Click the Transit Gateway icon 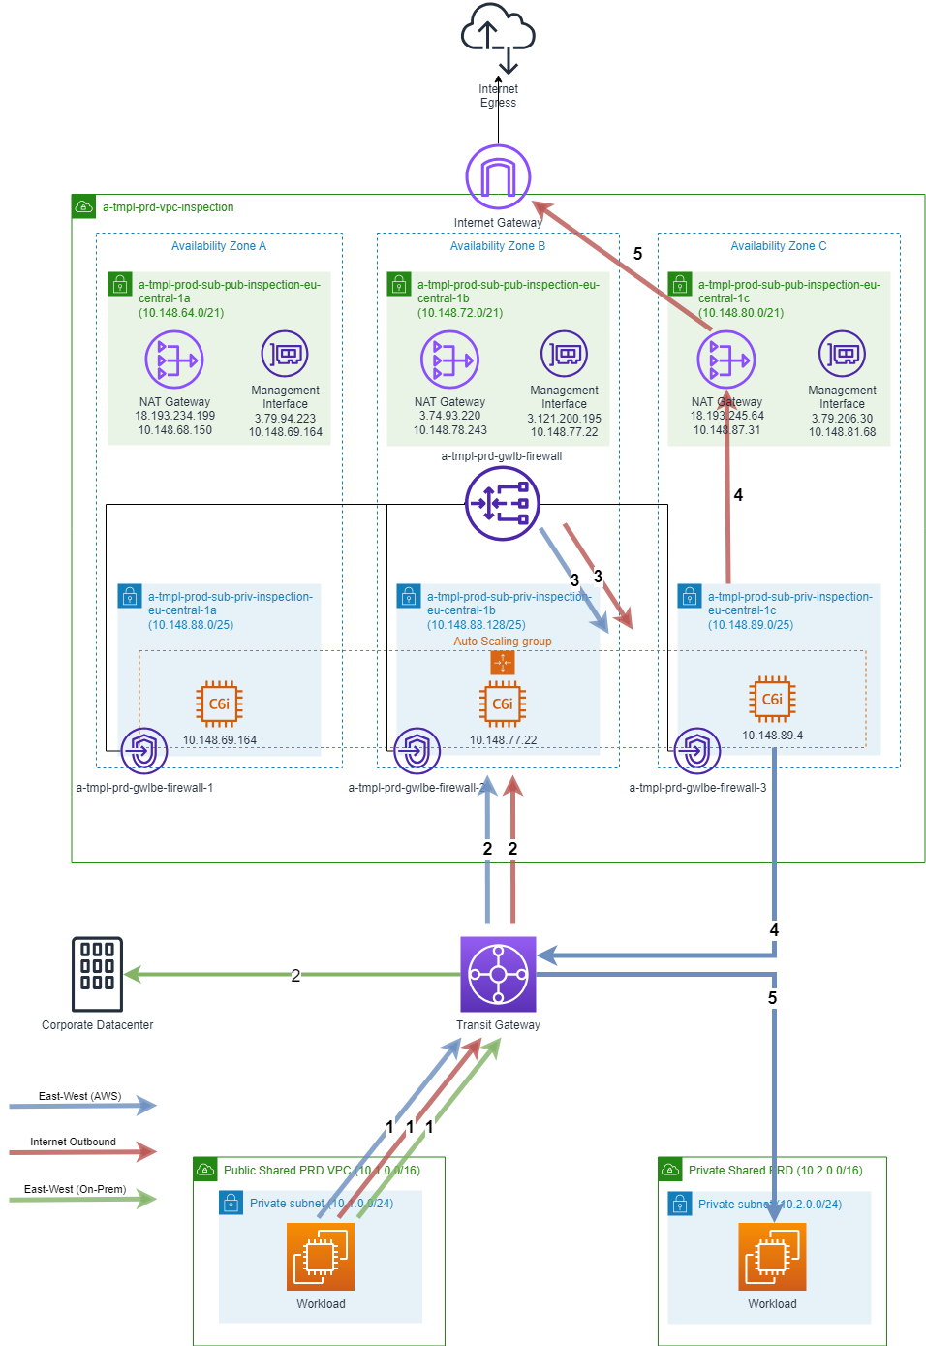(498, 974)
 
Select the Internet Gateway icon (498, 177)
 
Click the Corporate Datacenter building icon (98, 974)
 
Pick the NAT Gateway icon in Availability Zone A (174, 360)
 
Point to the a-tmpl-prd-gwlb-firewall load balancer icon (502, 504)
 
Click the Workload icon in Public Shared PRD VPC (321, 1256)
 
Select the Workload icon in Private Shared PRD (772, 1256)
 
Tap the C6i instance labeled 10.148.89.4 (772, 699)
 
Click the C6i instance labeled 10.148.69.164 (220, 704)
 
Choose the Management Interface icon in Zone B (564, 354)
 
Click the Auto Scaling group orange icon (503, 663)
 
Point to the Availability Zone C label (778, 246)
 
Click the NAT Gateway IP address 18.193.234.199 (174, 416)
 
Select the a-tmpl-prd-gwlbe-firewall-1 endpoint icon (144, 751)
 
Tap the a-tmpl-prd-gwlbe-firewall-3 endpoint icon (697, 751)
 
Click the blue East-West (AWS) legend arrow (82, 1105)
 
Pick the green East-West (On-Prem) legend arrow (82, 1199)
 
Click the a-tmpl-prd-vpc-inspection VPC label (168, 207)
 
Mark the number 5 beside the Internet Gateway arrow (637, 254)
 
